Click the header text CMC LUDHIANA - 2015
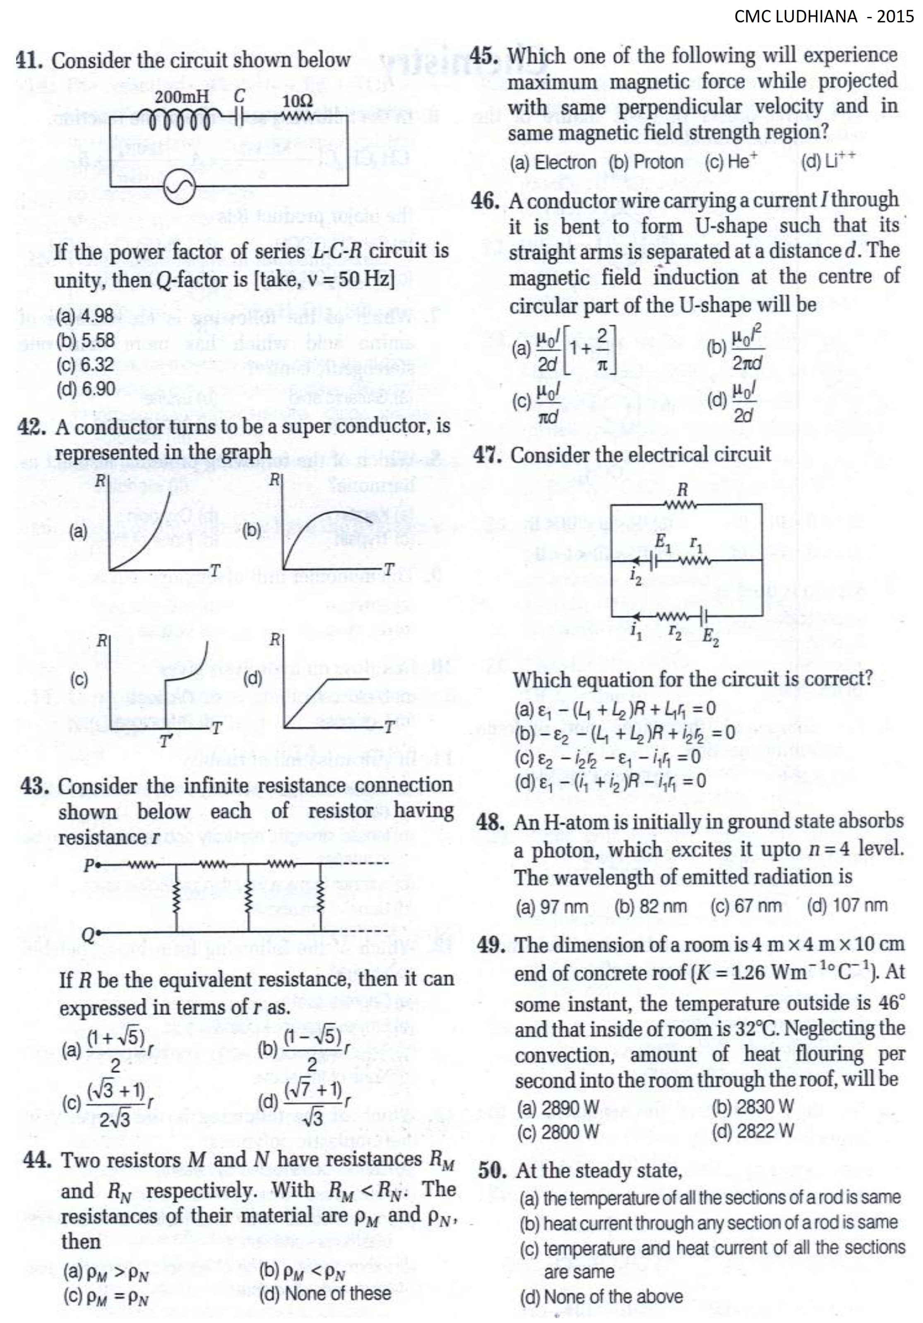823,16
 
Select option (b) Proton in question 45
647,162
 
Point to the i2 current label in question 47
635,576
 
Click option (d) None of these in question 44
325,1294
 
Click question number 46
486,201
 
